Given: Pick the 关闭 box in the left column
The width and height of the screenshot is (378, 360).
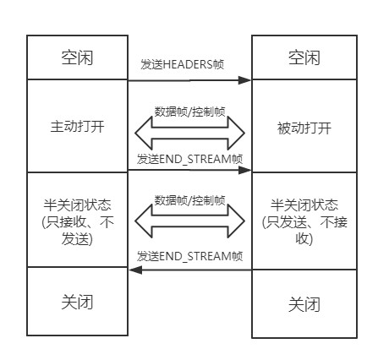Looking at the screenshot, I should tap(76, 299).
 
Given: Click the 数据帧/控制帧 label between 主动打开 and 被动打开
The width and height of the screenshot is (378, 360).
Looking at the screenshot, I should tap(189, 111).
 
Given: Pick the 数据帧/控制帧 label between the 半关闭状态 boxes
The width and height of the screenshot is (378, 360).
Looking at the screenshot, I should tap(189, 201).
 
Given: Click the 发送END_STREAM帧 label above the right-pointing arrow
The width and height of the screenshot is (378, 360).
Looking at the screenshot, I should tap(189, 158).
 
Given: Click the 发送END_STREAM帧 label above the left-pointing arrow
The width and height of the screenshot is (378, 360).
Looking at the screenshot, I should tap(189, 255).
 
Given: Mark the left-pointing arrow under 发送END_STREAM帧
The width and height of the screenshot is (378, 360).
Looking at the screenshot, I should tap(189, 270).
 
